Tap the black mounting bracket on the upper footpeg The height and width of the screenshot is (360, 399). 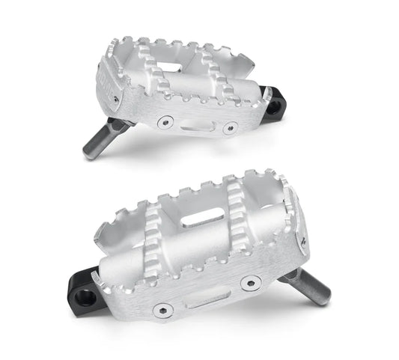pos(273,103)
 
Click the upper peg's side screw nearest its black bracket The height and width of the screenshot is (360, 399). pos(231,128)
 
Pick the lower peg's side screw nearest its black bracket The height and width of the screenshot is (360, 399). pos(161,309)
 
